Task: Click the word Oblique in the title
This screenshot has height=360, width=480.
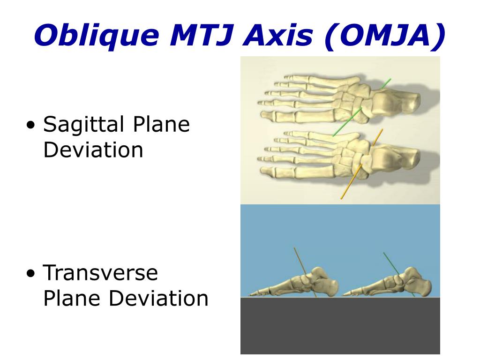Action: pyautogui.click(x=97, y=36)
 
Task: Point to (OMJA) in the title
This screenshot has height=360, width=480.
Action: pyautogui.click(x=385, y=36)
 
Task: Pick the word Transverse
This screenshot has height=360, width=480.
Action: pyautogui.click(x=100, y=273)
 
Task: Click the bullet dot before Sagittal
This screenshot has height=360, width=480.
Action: pyautogui.click(x=31, y=125)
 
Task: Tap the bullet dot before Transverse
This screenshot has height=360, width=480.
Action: pyautogui.click(x=31, y=273)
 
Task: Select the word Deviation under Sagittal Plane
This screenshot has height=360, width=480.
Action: pyautogui.click(x=93, y=150)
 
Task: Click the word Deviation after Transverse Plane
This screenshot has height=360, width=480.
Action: pyautogui.click(x=159, y=298)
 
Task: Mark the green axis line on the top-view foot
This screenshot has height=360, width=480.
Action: pyautogui.click(x=361, y=107)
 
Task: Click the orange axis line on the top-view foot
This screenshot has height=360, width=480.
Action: pyautogui.click(x=361, y=164)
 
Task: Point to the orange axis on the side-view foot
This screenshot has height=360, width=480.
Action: pyautogui.click(x=305, y=272)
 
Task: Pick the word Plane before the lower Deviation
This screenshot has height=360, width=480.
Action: pyautogui.click(x=72, y=298)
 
